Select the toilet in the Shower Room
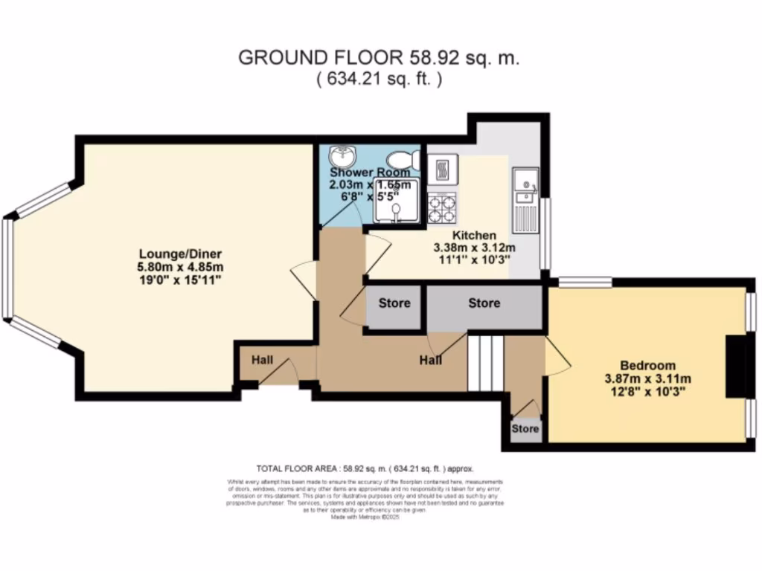point(404,159)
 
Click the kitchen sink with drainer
point(526,196)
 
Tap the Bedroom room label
point(648,365)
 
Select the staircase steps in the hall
point(486,362)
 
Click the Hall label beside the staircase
point(430,360)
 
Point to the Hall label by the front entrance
point(261,360)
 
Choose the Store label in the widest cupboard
point(484,303)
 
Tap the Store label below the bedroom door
point(525,429)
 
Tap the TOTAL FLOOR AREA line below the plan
point(365,469)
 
